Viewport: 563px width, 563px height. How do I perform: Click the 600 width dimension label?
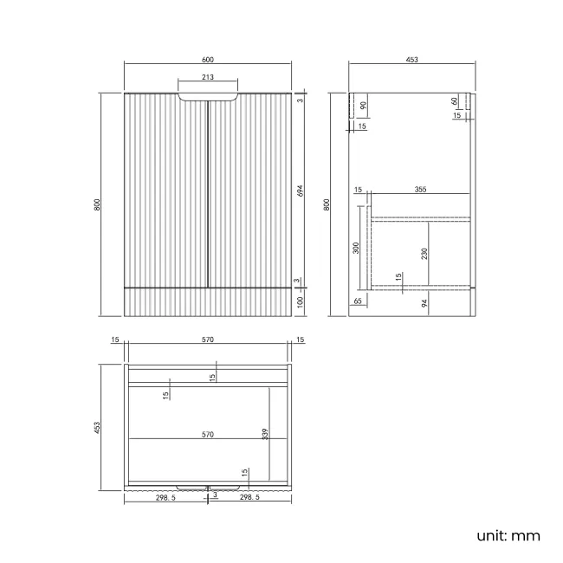208,59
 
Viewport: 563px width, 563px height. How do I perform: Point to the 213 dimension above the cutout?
208,77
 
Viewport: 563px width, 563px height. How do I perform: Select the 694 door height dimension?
301,191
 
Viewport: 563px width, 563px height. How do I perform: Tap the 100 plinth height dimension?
301,301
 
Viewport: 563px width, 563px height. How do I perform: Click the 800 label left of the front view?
98,204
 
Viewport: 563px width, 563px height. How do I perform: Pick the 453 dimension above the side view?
411,59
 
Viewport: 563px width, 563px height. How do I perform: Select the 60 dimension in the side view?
455,100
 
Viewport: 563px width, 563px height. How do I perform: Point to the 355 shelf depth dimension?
419,189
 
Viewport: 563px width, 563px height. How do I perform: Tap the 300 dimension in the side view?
356,249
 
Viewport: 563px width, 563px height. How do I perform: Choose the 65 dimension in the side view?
357,301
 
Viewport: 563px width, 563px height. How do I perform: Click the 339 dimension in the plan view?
265,433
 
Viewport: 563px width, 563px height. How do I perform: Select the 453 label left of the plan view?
98,428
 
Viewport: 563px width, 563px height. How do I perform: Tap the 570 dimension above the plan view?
208,340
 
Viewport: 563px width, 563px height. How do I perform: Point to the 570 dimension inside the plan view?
208,434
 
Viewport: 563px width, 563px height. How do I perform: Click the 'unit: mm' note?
508,535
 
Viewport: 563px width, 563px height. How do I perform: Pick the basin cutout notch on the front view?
209,96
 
